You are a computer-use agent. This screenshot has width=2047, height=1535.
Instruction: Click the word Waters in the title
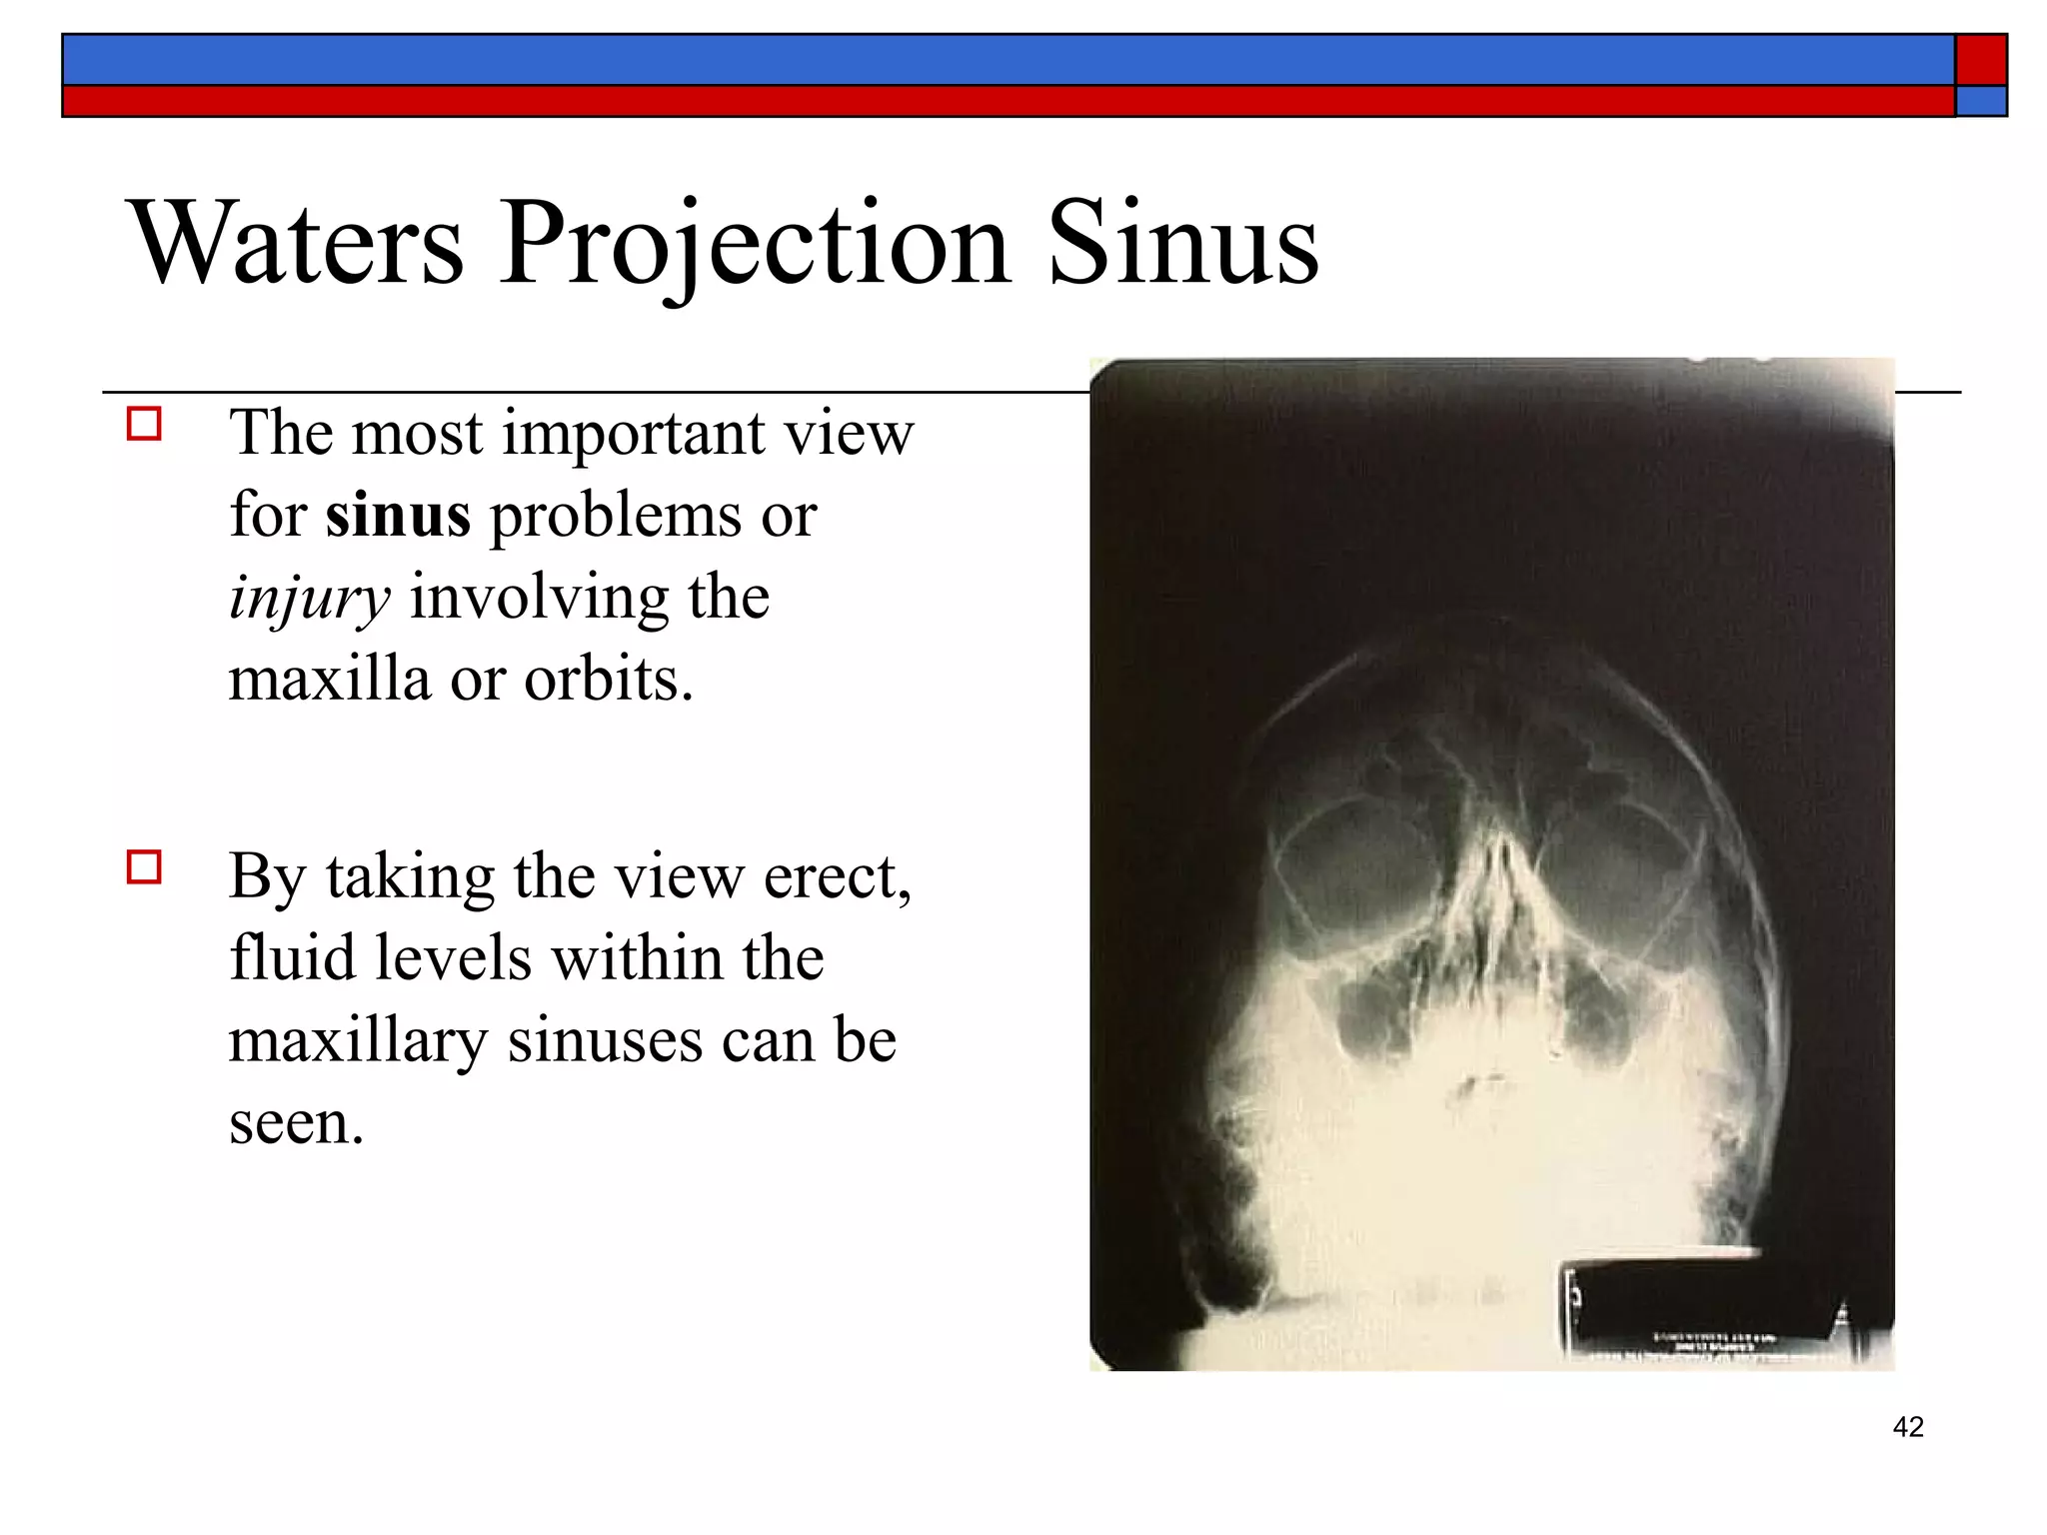tap(299, 244)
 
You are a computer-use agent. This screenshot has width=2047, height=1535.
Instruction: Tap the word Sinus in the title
tap(1183, 244)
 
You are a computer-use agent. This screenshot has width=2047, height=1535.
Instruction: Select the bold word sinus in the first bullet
tap(398, 516)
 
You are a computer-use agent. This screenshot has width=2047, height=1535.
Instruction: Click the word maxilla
tap(329, 680)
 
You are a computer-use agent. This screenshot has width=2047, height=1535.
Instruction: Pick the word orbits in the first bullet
tap(609, 680)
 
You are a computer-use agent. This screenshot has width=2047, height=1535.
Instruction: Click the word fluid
tap(292, 958)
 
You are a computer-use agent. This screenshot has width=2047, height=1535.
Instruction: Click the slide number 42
tap(1908, 1427)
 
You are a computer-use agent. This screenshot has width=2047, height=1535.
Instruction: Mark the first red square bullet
tap(144, 425)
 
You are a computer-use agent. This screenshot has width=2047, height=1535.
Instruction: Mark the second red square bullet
tap(144, 866)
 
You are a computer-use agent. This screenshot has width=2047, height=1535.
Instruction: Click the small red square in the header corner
tap(1981, 60)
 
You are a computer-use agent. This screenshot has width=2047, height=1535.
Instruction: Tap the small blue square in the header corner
tap(1981, 101)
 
